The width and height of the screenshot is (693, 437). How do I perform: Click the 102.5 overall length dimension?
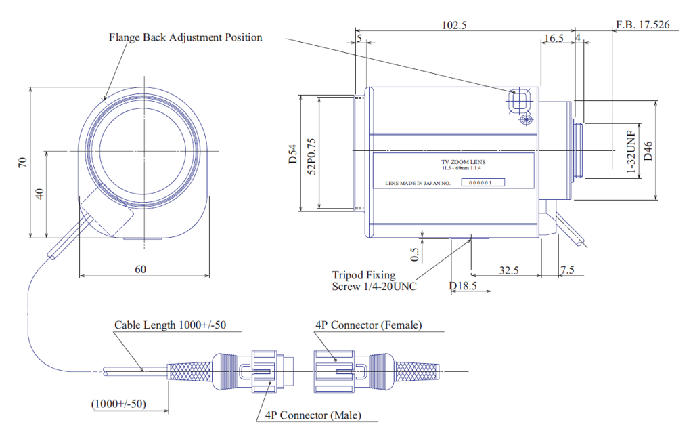point(454,25)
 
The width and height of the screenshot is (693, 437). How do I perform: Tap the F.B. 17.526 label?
point(643,24)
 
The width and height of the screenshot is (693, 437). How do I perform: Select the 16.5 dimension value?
point(554,39)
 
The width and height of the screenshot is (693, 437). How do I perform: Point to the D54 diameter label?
point(293,154)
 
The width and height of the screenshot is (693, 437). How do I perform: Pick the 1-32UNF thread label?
point(631,152)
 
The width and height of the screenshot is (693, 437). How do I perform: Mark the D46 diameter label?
point(648,151)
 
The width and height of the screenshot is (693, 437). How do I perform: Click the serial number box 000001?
point(483,182)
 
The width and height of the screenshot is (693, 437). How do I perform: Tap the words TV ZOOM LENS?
point(463,162)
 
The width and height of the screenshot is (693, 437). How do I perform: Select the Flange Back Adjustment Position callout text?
point(185,37)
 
